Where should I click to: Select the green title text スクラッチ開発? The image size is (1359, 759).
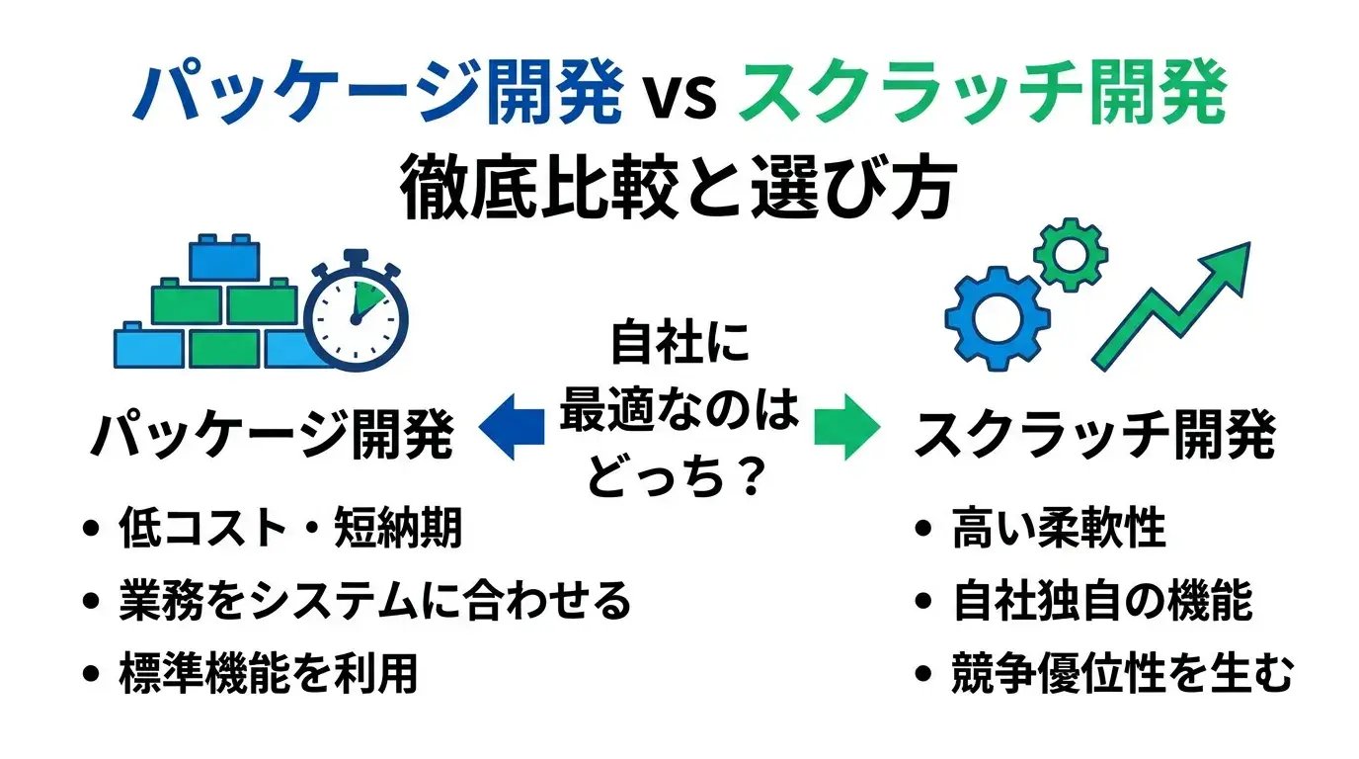(x=983, y=95)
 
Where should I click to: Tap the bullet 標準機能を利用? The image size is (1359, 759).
(x=267, y=672)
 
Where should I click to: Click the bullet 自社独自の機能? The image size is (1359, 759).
(x=1102, y=600)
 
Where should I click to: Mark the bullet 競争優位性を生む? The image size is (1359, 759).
(x=1121, y=672)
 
